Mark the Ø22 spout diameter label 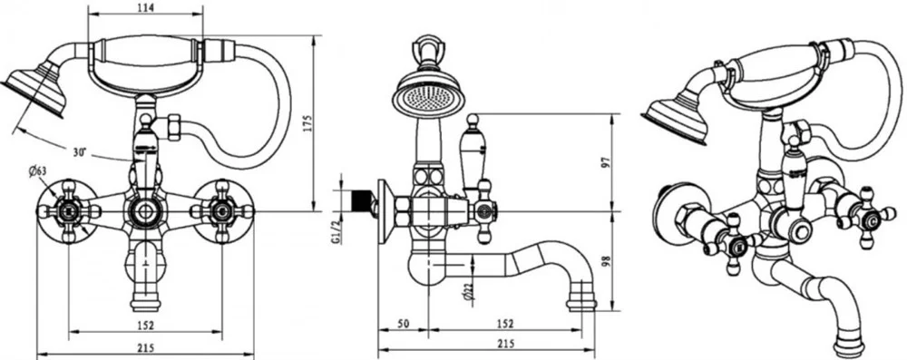469,292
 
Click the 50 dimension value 404,324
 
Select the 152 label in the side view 505,324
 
